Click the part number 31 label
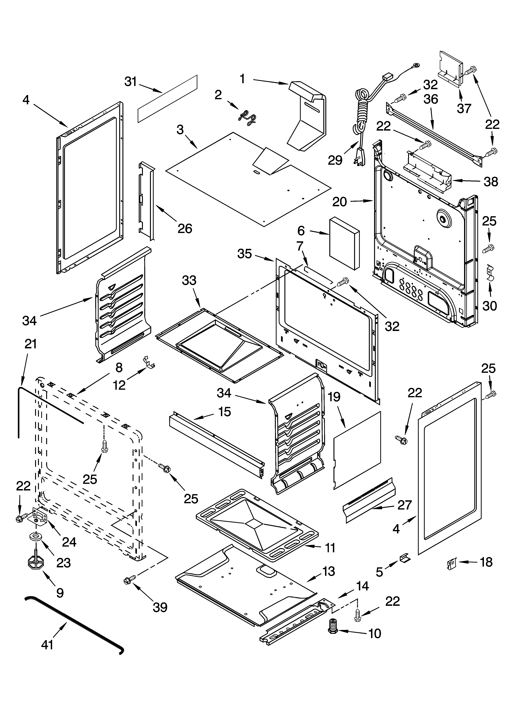pyautogui.click(x=130, y=82)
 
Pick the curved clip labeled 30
pyautogui.click(x=490, y=272)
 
